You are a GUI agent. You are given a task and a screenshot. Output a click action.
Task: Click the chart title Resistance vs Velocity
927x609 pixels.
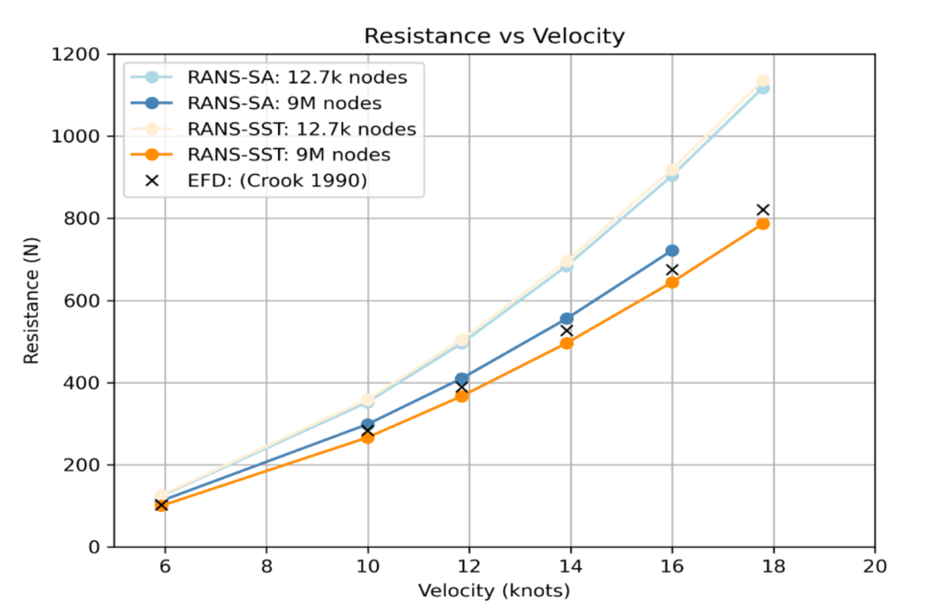[x=494, y=36]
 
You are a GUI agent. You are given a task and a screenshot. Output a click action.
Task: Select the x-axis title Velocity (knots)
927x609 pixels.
[x=494, y=591]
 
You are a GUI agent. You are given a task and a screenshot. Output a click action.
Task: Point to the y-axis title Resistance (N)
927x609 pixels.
[x=31, y=300]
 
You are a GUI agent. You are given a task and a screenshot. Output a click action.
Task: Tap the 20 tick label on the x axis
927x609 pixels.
[x=874, y=565]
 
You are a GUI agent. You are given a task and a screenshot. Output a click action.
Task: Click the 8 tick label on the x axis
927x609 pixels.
[x=266, y=565]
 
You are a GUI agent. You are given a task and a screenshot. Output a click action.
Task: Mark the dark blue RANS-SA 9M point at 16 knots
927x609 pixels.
[x=672, y=250]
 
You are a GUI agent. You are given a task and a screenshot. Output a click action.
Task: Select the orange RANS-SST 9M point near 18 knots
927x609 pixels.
[x=762, y=223]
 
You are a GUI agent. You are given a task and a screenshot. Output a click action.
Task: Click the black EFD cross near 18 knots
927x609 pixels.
[x=762, y=209]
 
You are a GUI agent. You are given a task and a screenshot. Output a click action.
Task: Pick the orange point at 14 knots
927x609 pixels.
[x=566, y=343]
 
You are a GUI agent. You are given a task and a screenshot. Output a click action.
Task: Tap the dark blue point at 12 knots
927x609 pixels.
[x=462, y=379]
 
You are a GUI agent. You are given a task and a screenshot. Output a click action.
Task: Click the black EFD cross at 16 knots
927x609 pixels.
[x=672, y=270]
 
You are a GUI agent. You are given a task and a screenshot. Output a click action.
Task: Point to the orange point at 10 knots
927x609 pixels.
[x=368, y=437]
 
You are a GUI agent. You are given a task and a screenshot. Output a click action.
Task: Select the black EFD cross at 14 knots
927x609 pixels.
[x=566, y=330]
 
